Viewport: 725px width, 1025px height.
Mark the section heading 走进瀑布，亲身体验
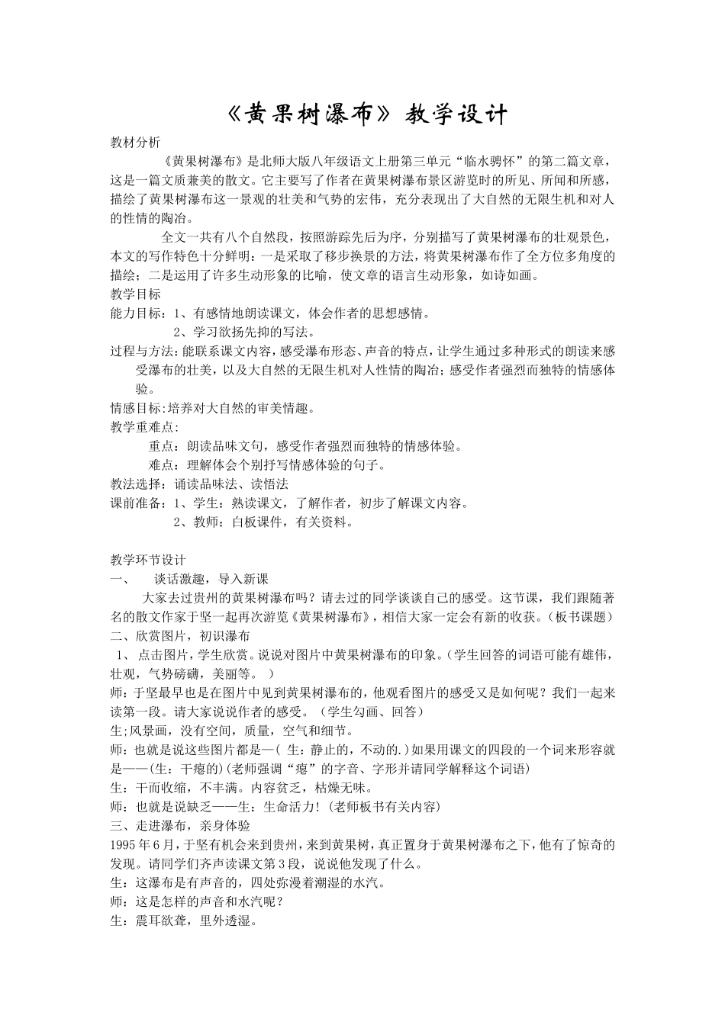(186, 826)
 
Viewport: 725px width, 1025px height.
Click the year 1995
(124, 845)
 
